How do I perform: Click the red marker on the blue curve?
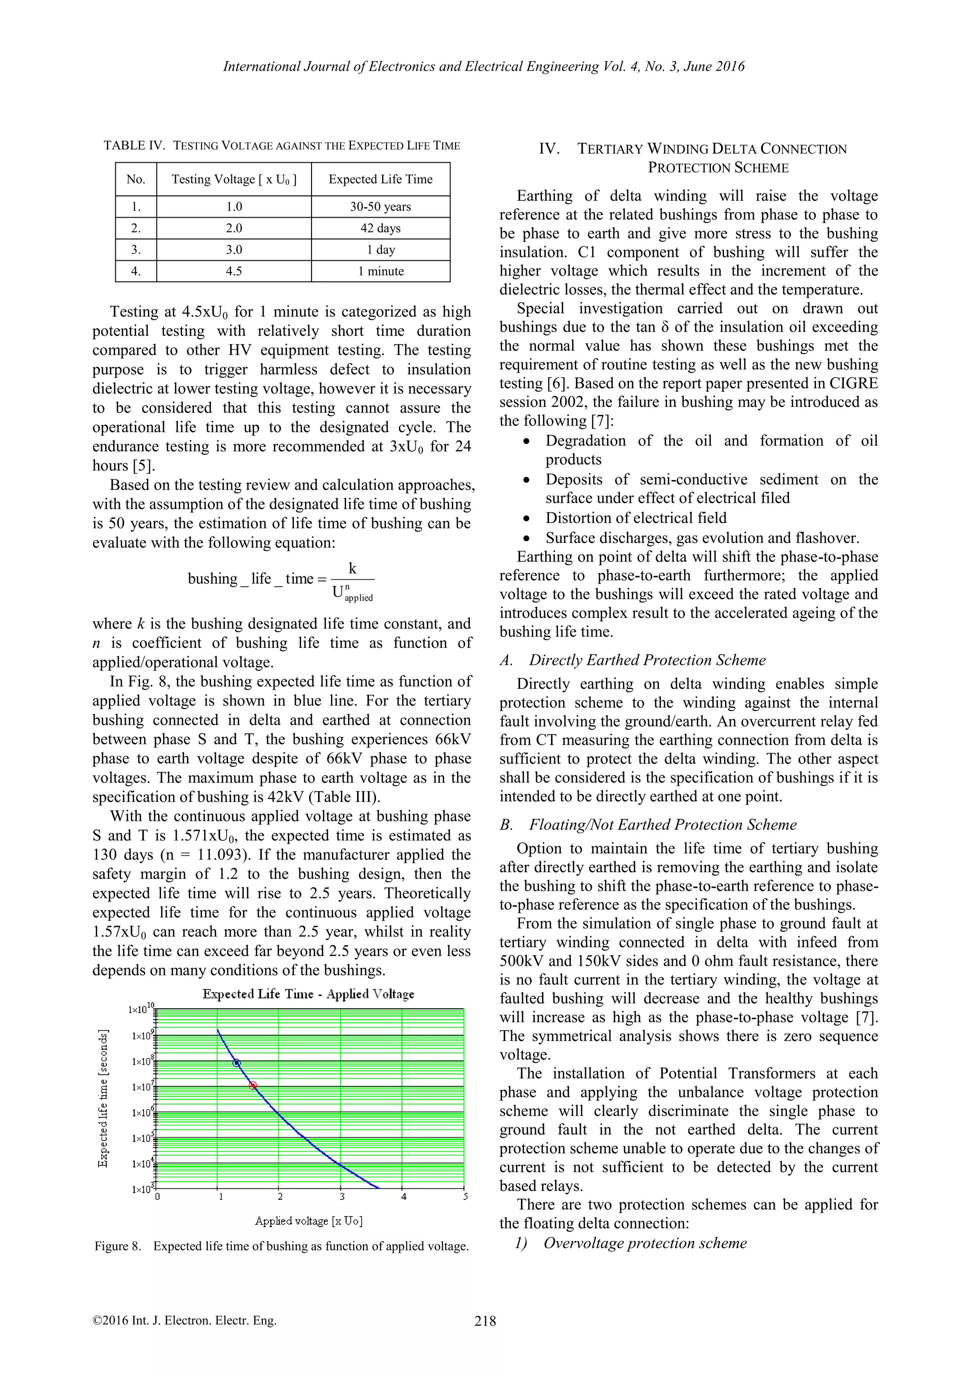pyautogui.click(x=253, y=1086)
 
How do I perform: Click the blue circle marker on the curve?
pyautogui.click(x=237, y=1063)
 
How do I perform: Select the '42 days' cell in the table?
pyautogui.click(x=380, y=229)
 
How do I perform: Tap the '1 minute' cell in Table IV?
pyautogui.click(x=380, y=271)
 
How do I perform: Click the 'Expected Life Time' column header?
pyautogui.click(x=380, y=179)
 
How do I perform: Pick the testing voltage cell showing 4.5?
pyautogui.click(x=234, y=271)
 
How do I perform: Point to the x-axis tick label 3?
pyautogui.click(x=342, y=1197)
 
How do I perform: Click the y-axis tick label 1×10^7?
pyautogui.click(x=143, y=1086)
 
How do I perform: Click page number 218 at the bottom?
pyautogui.click(x=485, y=1322)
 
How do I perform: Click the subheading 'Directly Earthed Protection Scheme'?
pyautogui.click(x=647, y=660)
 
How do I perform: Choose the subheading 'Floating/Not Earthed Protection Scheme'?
pyautogui.click(x=662, y=825)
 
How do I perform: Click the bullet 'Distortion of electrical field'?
pyautogui.click(x=636, y=518)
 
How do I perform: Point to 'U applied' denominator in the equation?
pyautogui.click(x=352, y=594)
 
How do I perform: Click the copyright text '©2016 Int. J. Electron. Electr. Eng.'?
pyautogui.click(x=185, y=1321)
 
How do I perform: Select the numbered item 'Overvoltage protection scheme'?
pyautogui.click(x=644, y=1244)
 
